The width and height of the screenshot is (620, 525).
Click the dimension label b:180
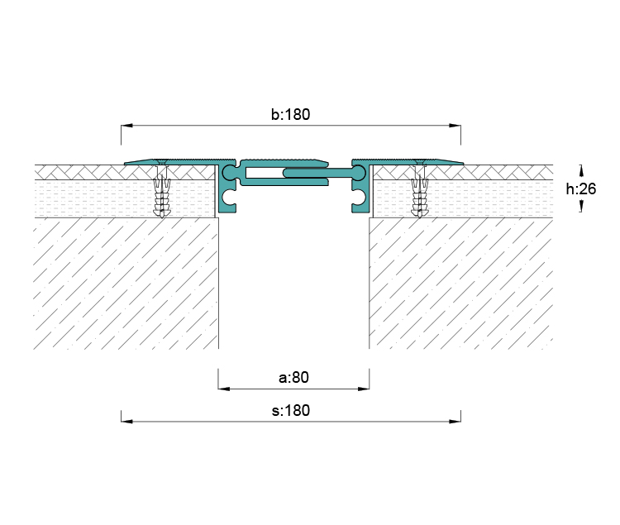(x=291, y=114)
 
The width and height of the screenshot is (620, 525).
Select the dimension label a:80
(x=293, y=377)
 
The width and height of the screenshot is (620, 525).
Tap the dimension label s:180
(x=291, y=410)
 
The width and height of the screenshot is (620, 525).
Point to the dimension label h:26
(x=581, y=189)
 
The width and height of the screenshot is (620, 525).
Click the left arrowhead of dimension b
(x=126, y=126)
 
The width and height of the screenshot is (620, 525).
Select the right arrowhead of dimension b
(x=455, y=126)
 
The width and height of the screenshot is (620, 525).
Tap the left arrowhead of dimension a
(x=224, y=389)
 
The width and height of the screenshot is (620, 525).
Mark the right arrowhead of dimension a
(x=364, y=389)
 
